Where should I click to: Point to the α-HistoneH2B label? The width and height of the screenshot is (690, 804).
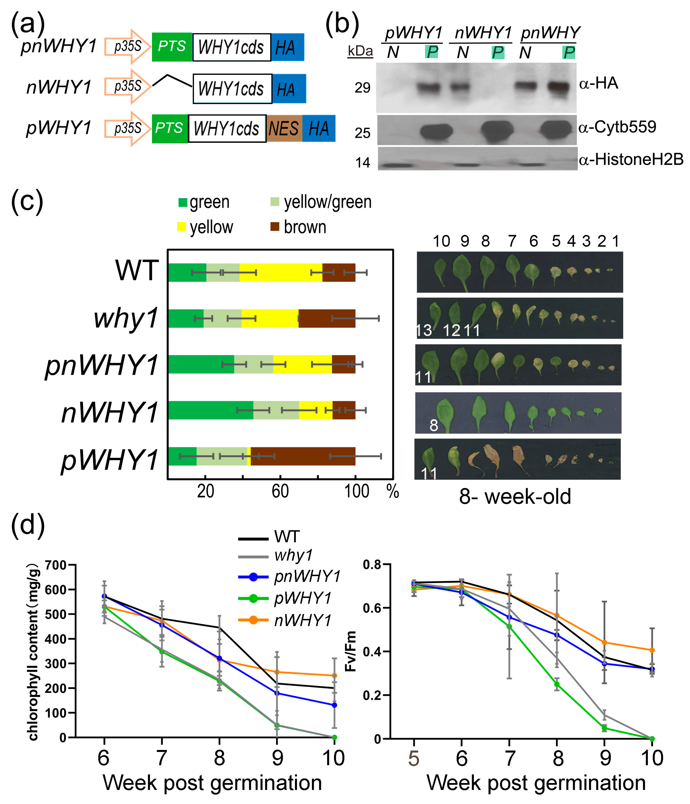point(631,160)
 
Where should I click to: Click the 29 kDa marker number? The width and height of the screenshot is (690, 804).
point(362,88)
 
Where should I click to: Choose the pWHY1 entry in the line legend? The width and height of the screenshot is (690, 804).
point(303,598)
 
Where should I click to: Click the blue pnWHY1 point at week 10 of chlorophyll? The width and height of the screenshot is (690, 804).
point(334,705)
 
